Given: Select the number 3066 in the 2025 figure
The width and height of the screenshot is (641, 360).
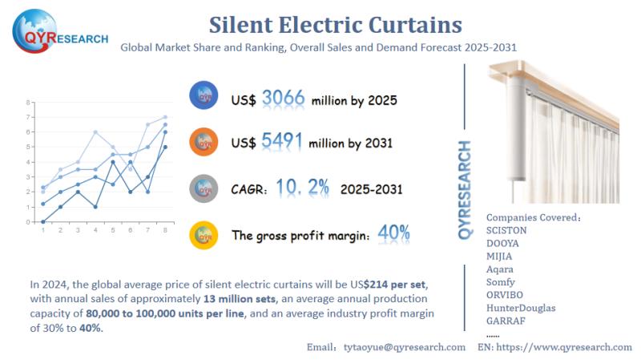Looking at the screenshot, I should point(283,99).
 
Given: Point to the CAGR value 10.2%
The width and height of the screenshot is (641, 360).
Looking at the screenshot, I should point(303,188).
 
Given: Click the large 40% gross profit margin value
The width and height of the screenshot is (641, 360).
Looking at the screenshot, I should point(393,233).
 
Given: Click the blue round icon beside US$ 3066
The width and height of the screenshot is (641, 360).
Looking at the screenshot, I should point(205,95).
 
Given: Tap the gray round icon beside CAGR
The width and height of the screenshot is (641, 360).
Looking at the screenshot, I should point(205,188).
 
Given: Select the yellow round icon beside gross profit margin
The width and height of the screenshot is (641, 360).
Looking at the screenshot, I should point(205,234).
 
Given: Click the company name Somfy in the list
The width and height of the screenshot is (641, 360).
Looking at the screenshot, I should point(501,282).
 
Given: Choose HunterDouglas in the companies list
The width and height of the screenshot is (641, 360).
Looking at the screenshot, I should point(521,308).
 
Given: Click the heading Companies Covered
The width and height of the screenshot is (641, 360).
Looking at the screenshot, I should point(533,216).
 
